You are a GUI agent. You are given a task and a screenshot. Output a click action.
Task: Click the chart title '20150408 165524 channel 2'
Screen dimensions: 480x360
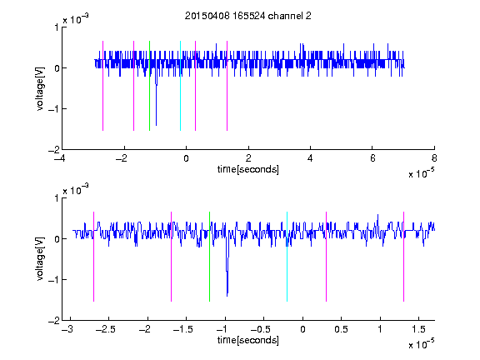(248, 16)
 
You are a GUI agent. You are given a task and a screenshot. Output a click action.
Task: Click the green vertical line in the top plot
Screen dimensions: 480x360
(149, 86)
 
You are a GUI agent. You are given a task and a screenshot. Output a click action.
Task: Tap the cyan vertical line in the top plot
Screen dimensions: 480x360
(180, 86)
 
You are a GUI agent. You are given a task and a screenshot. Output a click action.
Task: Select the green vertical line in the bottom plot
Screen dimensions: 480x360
(209, 257)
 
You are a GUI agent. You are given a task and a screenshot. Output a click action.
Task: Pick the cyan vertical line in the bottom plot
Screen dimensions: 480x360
(287, 257)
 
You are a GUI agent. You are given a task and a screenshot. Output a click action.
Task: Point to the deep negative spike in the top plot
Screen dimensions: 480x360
(156, 101)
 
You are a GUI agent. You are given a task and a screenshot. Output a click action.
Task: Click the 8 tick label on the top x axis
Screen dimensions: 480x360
(434, 158)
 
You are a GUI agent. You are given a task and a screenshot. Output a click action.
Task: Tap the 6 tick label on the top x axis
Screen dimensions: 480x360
(372, 158)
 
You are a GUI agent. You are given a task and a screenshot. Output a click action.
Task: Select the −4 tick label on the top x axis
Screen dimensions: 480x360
(61, 158)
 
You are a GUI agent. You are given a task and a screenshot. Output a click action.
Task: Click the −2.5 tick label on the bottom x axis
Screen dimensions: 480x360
(105, 329)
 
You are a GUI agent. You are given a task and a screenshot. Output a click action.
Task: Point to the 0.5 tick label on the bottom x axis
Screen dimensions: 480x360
(342, 329)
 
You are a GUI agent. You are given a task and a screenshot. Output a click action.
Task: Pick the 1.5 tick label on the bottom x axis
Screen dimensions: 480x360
(419, 329)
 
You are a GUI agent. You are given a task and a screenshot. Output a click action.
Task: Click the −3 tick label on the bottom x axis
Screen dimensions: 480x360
(67, 329)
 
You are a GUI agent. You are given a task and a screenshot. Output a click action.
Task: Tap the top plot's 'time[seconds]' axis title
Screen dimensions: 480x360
(248, 169)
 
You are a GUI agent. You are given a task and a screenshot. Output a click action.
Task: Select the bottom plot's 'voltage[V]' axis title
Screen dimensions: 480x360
(40, 259)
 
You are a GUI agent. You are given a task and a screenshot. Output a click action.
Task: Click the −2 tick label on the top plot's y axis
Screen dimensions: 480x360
(54, 150)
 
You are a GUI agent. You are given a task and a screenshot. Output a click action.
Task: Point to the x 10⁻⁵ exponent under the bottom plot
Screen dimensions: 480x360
(421, 344)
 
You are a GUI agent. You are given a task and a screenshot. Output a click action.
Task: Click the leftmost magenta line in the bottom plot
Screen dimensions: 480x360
(93, 257)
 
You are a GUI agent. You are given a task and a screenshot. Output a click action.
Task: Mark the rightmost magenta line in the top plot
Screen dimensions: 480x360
(227, 86)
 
